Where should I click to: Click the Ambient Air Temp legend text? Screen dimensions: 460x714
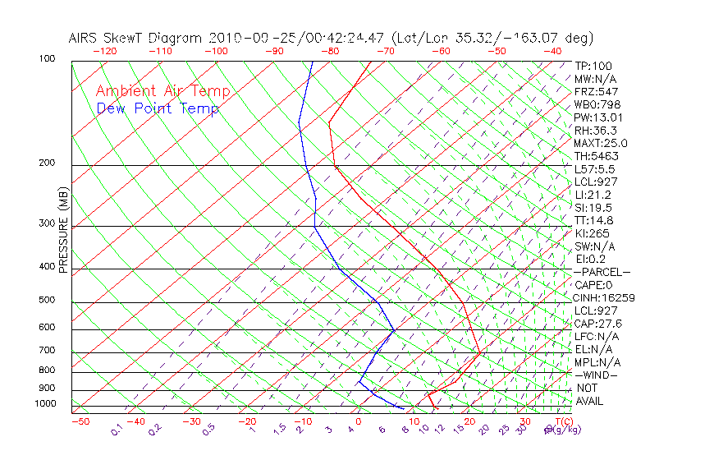pos(162,91)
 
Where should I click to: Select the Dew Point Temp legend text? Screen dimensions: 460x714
pos(158,108)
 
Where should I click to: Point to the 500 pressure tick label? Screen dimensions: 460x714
pos(47,301)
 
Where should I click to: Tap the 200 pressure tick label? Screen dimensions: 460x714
pos(47,163)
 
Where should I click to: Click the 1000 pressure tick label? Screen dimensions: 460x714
pos(44,404)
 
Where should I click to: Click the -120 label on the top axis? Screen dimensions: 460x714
pos(104,51)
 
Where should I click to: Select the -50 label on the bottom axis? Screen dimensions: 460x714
pos(80,422)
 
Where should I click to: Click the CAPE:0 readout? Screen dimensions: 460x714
pos(595,285)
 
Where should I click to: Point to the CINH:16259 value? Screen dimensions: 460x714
pos(605,298)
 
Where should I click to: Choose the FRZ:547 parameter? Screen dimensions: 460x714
pos(597,91)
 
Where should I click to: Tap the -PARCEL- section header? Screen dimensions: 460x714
pos(602,272)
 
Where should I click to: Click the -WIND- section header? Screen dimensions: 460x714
pos(597,375)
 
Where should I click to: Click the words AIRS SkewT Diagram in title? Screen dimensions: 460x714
pos(136,38)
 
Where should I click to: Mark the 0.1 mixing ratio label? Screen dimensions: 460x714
pos(117,430)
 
